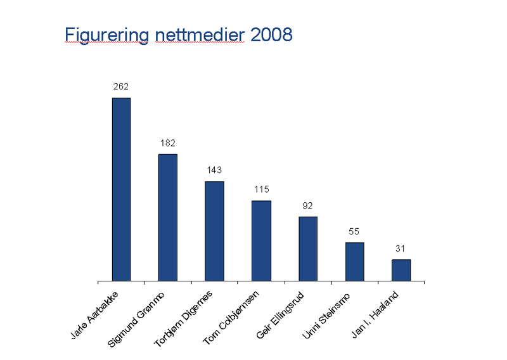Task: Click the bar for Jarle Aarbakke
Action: [121, 189]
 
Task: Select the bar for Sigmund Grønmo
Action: [167, 217]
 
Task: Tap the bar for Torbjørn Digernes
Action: [214, 231]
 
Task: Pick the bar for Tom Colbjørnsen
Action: [261, 240]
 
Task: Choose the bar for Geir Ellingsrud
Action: [308, 248]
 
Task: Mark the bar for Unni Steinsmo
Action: [354, 261]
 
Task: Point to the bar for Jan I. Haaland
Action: [401, 269]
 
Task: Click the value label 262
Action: [121, 86]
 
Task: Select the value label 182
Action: [167, 143]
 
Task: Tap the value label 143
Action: [214, 170]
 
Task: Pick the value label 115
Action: [261, 190]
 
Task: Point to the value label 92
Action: [308, 205]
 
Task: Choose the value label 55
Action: [354, 231]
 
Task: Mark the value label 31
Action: [401, 248]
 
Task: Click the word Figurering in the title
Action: [104, 35]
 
